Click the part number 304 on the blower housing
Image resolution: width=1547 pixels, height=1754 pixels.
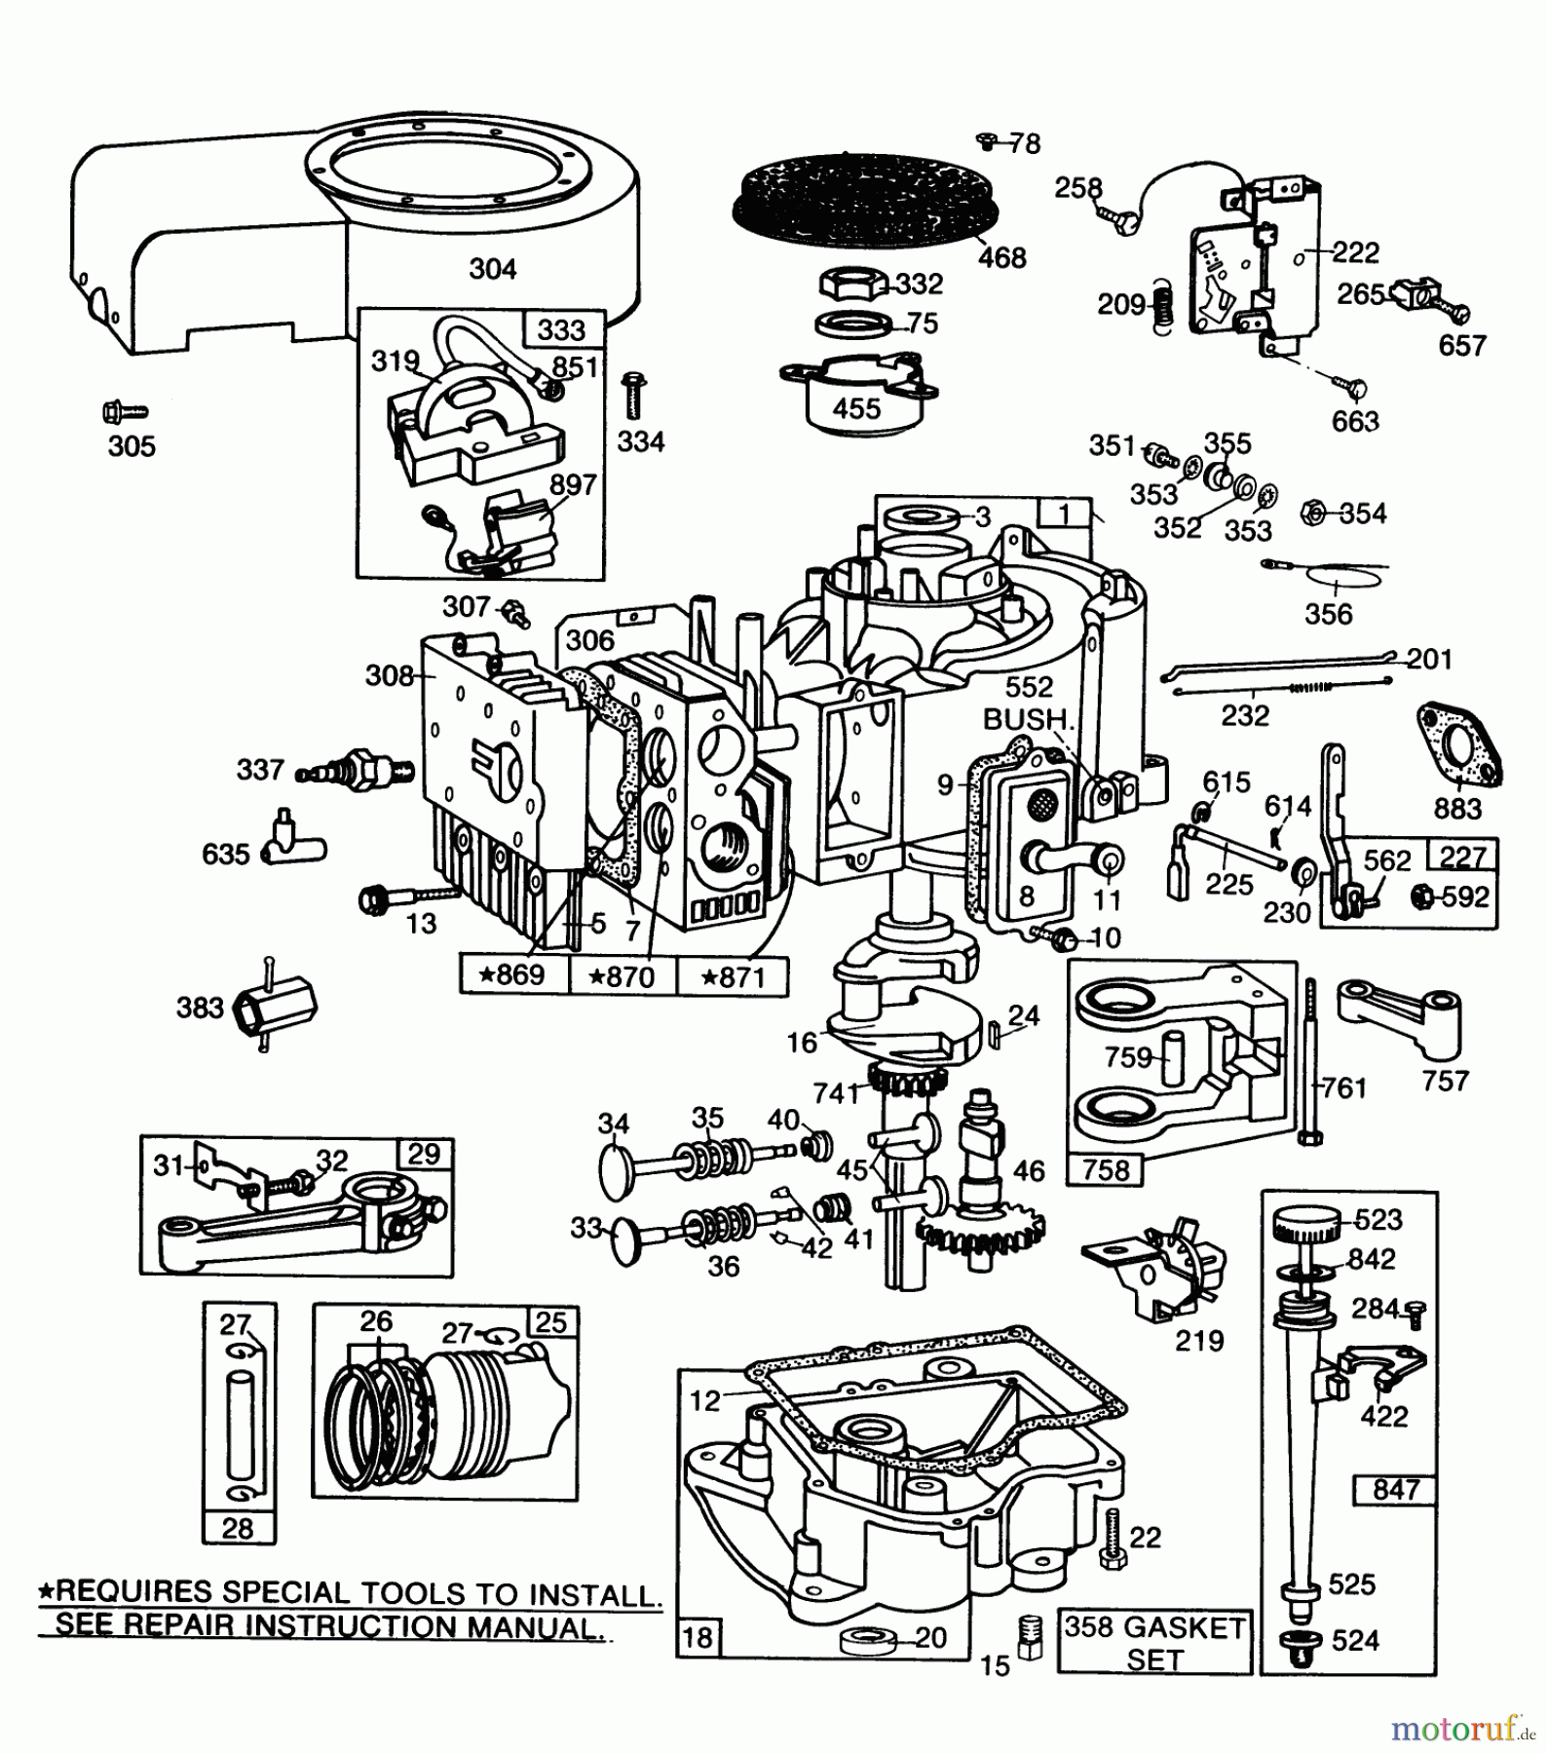492,269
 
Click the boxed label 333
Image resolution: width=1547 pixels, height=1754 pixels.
561,330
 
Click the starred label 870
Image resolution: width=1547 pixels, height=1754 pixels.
623,975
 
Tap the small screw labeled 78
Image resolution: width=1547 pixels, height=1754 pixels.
987,142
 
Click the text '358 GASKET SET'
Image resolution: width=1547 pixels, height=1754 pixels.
1154,1643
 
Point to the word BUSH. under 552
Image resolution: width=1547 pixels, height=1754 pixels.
1029,719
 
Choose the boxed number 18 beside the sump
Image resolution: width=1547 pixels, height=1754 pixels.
698,1637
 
